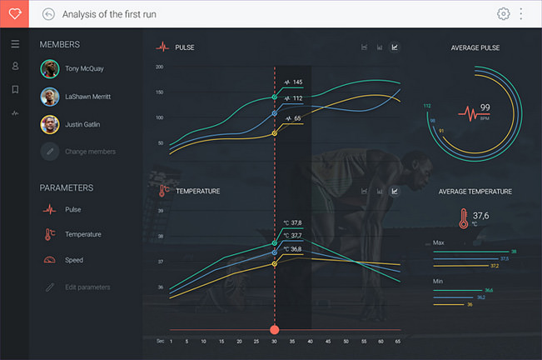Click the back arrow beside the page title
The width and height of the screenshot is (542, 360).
click(x=48, y=14)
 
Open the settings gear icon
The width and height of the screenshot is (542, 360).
click(x=503, y=14)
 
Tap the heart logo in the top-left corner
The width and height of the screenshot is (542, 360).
click(x=14, y=14)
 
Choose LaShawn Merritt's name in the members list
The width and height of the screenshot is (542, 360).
click(x=88, y=97)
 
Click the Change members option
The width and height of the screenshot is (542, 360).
click(x=90, y=152)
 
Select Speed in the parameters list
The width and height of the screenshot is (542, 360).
click(x=74, y=260)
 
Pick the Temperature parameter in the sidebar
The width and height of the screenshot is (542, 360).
click(x=83, y=234)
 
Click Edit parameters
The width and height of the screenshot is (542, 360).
click(x=87, y=287)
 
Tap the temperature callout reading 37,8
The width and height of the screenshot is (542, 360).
click(x=292, y=222)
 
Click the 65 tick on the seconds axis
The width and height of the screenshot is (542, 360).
click(x=398, y=341)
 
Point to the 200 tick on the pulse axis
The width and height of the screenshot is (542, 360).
click(x=159, y=67)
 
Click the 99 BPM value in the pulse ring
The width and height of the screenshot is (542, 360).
click(x=485, y=107)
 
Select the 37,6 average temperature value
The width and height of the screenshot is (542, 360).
click(x=480, y=216)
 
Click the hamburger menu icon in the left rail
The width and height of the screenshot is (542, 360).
click(x=15, y=44)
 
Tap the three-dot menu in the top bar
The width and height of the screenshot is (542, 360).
click(x=522, y=14)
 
